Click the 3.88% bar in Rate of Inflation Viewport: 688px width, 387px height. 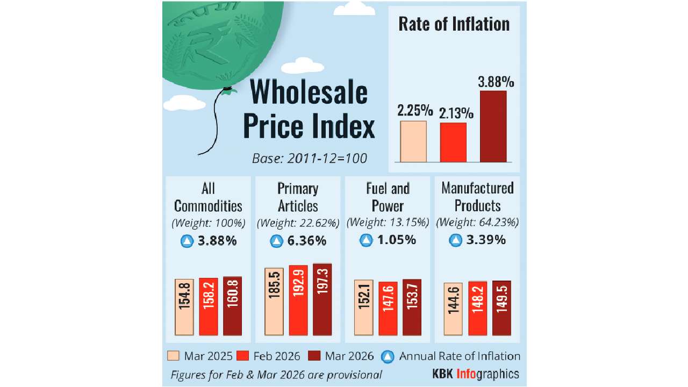[x=493, y=126]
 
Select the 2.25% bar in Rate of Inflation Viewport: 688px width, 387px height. [x=413, y=141]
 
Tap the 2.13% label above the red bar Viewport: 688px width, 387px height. [x=457, y=113]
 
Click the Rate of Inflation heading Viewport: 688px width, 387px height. [x=454, y=25]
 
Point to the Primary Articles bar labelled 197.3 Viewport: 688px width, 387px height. [x=322, y=299]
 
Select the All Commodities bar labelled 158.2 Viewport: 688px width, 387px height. [x=209, y=306]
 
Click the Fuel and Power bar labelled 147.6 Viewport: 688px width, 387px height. [x=388, y=308]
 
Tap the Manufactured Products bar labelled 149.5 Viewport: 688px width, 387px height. [x=501, y=307]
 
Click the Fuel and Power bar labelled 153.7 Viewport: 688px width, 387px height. [x=412, y=307]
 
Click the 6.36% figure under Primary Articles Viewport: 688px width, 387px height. [x=306, y=241]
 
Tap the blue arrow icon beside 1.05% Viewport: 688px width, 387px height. [x=366, y=241]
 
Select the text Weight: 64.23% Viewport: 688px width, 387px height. [x=477, y=222]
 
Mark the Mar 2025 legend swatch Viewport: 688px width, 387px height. [x=173, y=356]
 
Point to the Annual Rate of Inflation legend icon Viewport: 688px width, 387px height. [x=386, y=356]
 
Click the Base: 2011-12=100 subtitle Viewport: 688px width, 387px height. [x=309, y=159]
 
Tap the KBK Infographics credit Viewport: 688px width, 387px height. [x=476, y=374]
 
